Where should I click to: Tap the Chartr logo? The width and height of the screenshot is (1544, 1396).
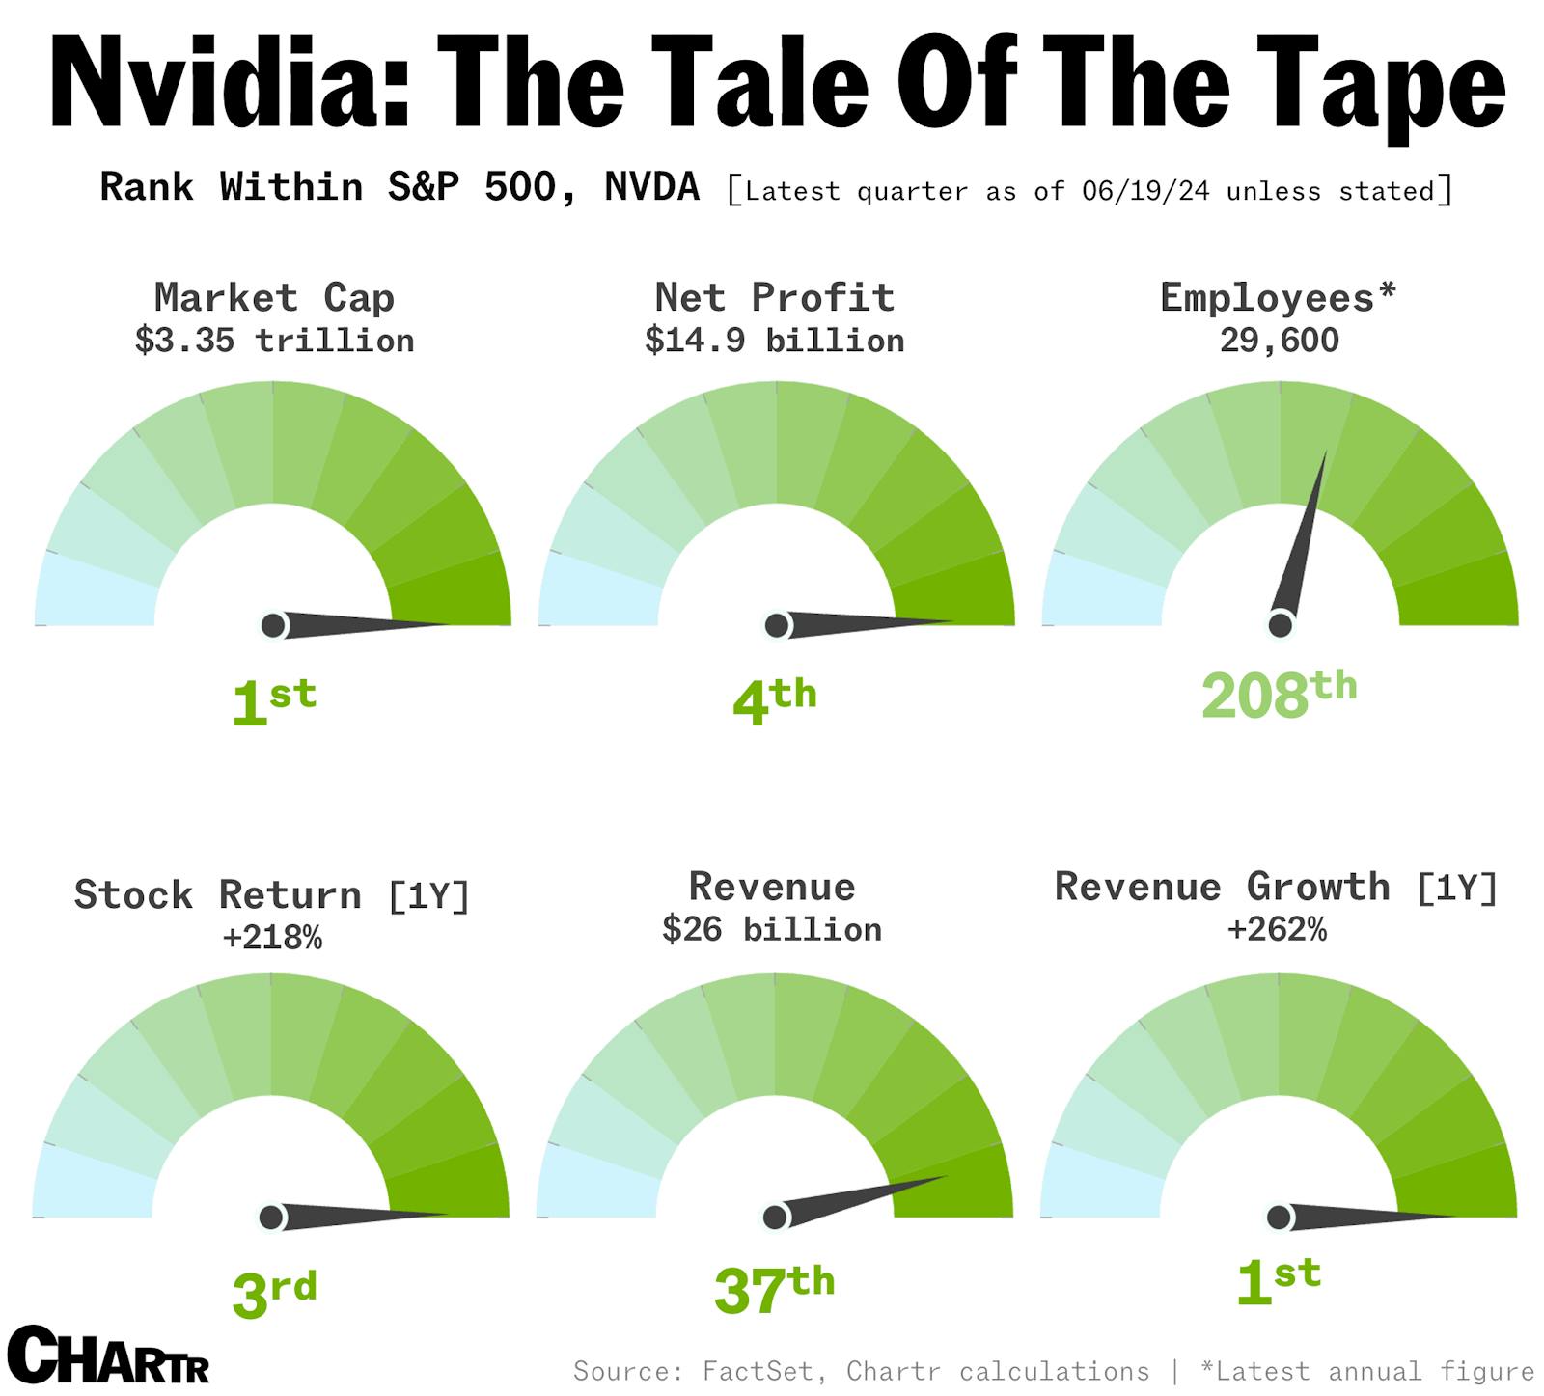pos(108,1355)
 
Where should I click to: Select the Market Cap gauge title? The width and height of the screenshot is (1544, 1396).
pos(274,297)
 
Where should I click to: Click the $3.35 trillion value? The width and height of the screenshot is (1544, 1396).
pos(274,341)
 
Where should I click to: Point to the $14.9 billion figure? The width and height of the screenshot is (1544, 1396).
pos(775,341)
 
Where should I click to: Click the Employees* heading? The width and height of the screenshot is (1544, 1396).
pos(1278,297)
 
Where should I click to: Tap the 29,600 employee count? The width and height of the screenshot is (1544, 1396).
pos(1279,341)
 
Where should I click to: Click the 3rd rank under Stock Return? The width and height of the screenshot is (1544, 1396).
pos(274,1294)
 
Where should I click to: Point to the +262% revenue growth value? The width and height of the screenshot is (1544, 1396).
pos(1277,929)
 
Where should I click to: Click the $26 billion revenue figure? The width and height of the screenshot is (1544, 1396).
pos(772,929)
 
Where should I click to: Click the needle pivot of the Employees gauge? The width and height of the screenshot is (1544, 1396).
pos(1281,625)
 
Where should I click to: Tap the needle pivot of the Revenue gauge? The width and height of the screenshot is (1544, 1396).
pos(775,1218)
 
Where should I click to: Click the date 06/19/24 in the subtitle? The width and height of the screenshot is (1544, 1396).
pos(1144,191)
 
